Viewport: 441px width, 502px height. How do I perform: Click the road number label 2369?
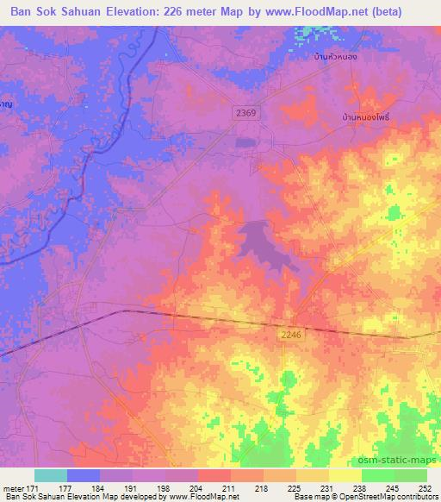[x=245, y=112]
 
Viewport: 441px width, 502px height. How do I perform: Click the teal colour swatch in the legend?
[x=51, y=475]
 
